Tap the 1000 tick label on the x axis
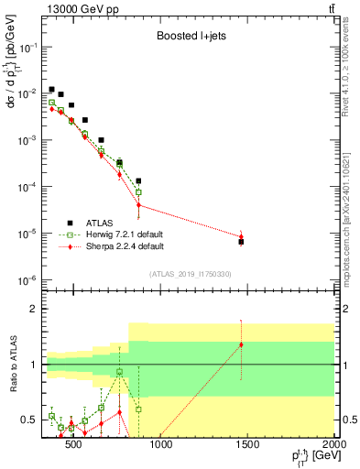pos(161,446)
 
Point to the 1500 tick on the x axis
pos(248,446)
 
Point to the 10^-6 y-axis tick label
pos(27,280)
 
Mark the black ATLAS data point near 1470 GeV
pos(241,242)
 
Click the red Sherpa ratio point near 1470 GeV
pos(241,344)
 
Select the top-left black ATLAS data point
pos(52,90)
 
